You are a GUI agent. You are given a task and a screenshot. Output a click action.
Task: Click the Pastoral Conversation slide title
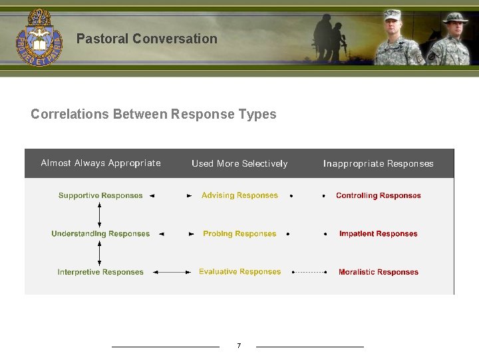[146, 39]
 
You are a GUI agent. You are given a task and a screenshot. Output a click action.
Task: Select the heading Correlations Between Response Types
[153, 114]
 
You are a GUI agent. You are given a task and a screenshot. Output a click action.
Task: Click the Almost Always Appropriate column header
[100, 163]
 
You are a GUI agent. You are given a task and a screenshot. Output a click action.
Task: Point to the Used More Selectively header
[239, 163]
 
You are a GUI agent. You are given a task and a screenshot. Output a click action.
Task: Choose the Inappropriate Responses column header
[378, 163]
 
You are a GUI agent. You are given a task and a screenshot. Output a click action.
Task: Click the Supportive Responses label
[100, 195]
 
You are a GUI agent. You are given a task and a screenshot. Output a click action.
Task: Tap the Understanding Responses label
[100, 234]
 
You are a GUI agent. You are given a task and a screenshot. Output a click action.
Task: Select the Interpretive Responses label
[100, 272]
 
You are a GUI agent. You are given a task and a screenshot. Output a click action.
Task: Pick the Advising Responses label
[239, 195]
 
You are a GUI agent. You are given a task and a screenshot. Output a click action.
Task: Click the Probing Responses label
[239, 234]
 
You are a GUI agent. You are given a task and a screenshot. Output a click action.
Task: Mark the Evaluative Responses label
[239, 272]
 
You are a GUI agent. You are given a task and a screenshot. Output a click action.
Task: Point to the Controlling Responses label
[379, 195]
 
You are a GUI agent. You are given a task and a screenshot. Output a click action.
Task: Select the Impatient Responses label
[379, 234]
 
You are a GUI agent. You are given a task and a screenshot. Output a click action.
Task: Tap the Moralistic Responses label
[379, 272]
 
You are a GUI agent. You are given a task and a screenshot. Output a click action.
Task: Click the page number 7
[239, 345]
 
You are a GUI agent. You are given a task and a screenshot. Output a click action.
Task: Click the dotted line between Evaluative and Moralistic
[309, 272]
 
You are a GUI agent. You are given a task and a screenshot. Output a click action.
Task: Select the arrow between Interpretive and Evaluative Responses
[171, 272]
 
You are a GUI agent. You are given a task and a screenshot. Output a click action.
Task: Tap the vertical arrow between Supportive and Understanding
[100, 215]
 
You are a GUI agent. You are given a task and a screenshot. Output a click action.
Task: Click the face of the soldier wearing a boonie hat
[456, 29]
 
